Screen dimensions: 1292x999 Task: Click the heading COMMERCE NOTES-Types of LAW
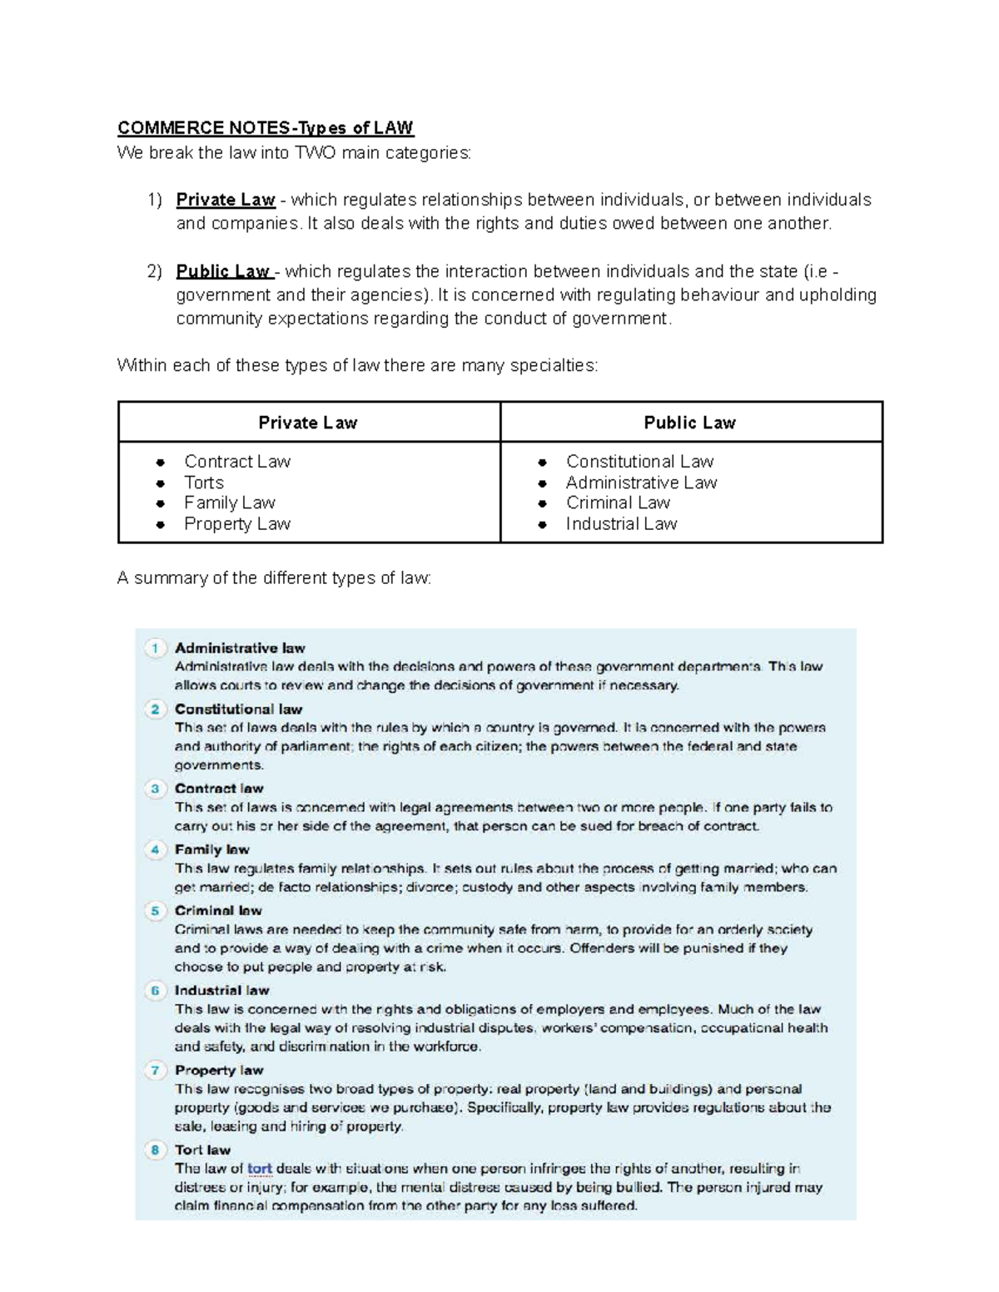click(265, 128)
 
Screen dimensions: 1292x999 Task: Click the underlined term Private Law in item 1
click(225, 200)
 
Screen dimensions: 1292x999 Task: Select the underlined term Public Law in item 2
click(223, 271)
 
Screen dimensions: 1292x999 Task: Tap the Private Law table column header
click(308, 423)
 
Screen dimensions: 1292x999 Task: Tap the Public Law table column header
click(689, 423)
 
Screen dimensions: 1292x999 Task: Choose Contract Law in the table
click(237, 462)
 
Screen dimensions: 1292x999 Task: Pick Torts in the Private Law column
click(204, 483)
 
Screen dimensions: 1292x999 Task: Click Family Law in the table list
click(230, 502)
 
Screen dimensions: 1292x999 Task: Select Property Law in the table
click(237, 524)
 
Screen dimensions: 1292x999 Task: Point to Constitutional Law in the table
click(639, 462)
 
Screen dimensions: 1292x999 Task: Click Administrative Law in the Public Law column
click(641, 483)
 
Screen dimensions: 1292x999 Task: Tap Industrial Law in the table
click(621, 524)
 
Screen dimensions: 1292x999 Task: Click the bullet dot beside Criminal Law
click(542, 503)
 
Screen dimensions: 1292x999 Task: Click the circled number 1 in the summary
click(155, 648)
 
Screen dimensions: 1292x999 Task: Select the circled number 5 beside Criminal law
click(155, 911)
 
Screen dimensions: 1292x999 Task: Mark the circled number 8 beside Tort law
click(155, 1150)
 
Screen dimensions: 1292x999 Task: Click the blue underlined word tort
click(260, 1169)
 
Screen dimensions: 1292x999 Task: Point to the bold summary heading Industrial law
click(221, 990)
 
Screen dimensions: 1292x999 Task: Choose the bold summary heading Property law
click(219, 1070)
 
